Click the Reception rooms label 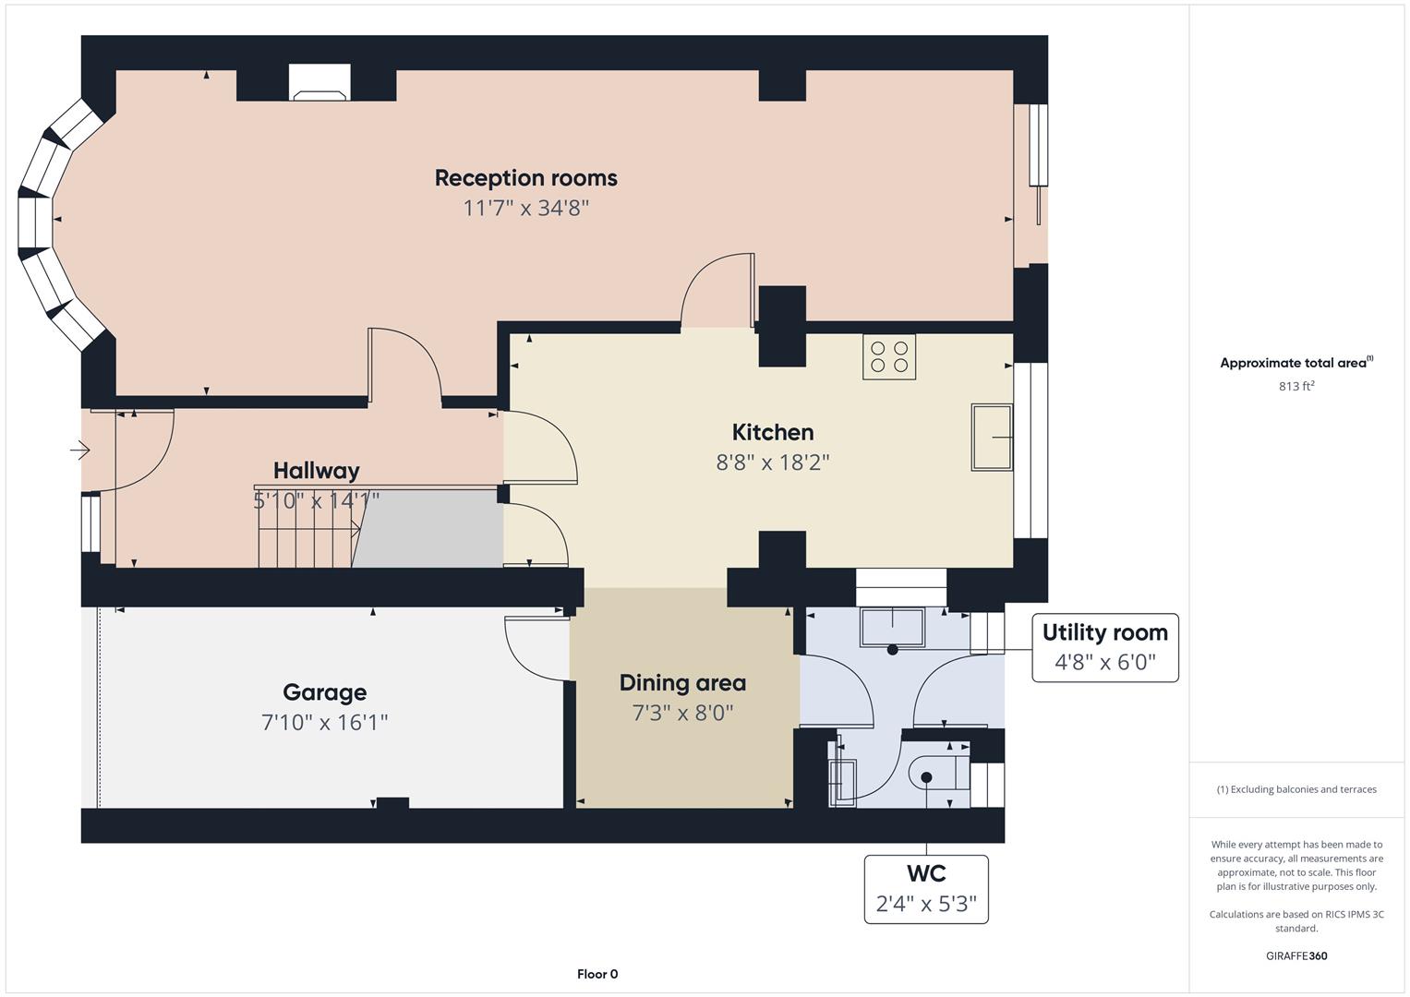click(x=525, y=178)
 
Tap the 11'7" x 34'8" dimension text click(x=525, y=208)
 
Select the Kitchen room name click(x=772, y=432)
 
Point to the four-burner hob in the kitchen click(x=889, y=357)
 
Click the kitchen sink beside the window click(x=992, y=437)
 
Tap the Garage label click(x=324, y=692)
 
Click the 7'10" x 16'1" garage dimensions click(x=324, y=722)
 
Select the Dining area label click(x=682, y=683)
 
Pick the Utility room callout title click(x=1104, y=632)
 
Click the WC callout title click(x=926, y=873)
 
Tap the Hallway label click(x=316, y=471)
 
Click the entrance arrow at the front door click(x=80, y=450)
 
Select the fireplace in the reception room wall click(x=319, y=82)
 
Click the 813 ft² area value click(x=1296, y=386)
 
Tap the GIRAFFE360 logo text click(x=1296, y=955)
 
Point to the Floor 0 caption click(x=597, y=974)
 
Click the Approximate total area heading click(x=1296, y=363)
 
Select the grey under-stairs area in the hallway click(x=428, y=529)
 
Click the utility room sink click(x=893, y=627)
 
